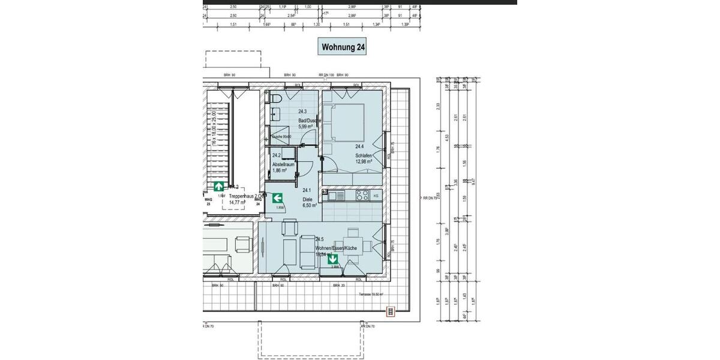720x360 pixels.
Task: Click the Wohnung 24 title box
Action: pos(344,46)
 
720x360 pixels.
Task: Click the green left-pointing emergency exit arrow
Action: pos(277,197)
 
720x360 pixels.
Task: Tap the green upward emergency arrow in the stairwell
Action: pos(220,186)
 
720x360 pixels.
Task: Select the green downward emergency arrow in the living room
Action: pos(332,259)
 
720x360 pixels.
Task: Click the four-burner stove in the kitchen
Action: pos(362,195)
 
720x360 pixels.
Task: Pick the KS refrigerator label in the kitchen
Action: pos(376,196)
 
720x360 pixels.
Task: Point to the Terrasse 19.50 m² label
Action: pos(371,295)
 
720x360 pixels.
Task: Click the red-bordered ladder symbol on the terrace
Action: pos(390,311)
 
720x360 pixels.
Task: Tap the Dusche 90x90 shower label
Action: pos(281,137)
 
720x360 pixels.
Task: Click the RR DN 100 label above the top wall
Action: pos(326,75)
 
